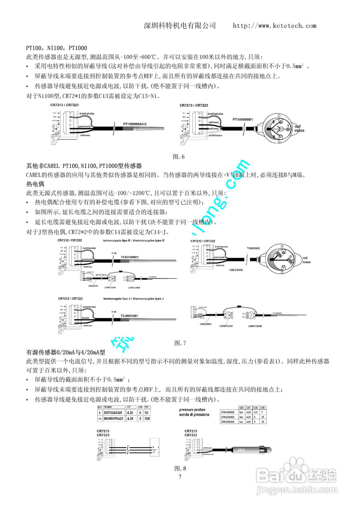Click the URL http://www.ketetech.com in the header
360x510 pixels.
point(274,26)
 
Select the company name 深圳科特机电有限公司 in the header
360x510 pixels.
point(180,26)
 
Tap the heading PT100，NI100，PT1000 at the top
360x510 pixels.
point(57,48)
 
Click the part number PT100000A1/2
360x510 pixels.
point(136,124)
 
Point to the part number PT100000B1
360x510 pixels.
point(245,119)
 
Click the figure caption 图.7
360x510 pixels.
point(180,343)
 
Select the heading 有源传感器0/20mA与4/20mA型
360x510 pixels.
point(66,352)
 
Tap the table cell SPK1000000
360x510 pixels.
point(228,412)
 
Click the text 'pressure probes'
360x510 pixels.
point(192,410)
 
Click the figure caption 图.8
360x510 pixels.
point(180,468)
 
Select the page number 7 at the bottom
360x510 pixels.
point(180,477)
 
